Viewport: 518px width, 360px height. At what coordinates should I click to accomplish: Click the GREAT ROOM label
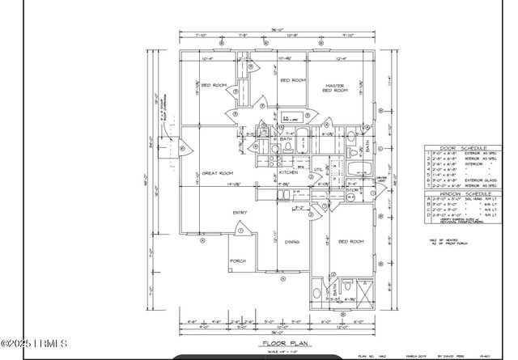click(218, 173)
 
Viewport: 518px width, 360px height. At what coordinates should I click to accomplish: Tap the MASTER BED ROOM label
click(336, 88)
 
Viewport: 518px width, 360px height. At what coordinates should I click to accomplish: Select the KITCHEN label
click(290, 173)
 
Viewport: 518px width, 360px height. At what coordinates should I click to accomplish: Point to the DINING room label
click(292, 241)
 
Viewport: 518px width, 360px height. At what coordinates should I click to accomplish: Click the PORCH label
click(238, 261)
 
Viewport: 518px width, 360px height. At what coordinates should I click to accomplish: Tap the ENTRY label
click(240, 213)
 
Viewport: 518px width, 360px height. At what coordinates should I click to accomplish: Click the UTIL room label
click(318, 169)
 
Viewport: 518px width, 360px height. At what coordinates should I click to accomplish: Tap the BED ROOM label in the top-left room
click(213, 84)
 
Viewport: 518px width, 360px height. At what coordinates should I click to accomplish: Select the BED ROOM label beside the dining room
click(349, 241)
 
